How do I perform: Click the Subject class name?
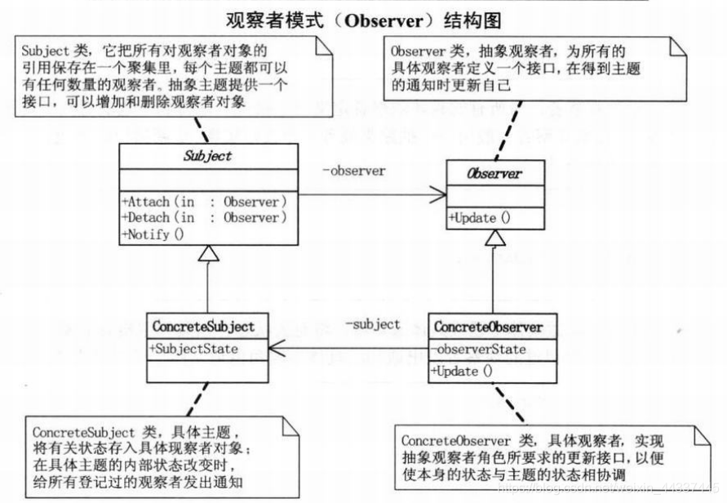(x=210, y=157)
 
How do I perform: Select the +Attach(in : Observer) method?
(x=204, y=201)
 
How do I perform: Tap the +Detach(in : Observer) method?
(x=204, y=217)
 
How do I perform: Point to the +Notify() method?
(x=154, y=234)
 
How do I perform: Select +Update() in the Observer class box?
(x=480, y=218)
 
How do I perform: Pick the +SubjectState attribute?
(x=193, y=349)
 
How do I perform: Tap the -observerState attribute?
(x=480, y=349)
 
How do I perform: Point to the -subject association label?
(x=373, y=324)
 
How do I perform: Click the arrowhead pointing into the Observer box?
(x=439, y=195)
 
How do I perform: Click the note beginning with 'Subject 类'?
(x=175, y=77)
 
